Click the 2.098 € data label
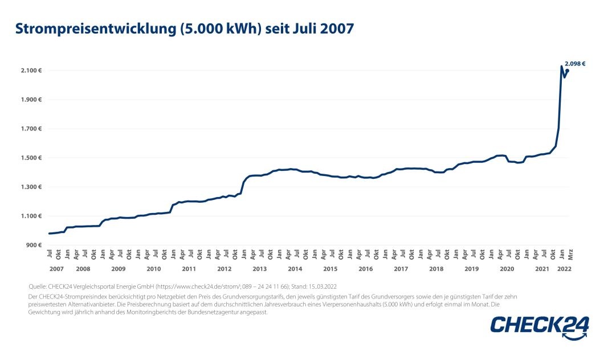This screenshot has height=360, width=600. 575,64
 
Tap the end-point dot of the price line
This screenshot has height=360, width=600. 568,71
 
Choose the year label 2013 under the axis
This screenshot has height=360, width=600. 259,268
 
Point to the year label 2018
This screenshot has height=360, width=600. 436,268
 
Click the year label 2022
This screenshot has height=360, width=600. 564,268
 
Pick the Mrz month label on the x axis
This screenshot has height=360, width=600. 570,255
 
